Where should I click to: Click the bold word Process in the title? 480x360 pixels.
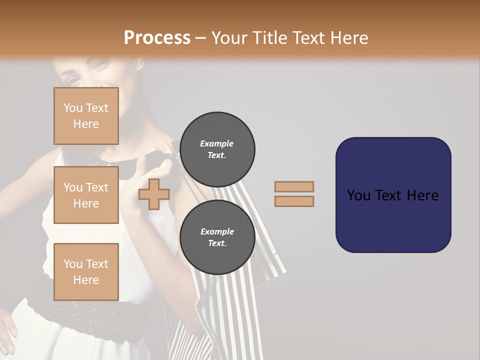click(x=157, y=38)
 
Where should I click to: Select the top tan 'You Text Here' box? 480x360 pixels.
click(x=86, y=116)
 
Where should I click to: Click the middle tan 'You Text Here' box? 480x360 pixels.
click(x=86, y=195)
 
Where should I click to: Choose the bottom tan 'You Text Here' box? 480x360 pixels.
click(x=86, y=271)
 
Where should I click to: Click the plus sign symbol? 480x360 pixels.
click(x=154, y=194)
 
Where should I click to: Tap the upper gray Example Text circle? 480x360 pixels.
click(x=217, y=149)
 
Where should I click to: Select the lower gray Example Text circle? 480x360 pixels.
click(x=217, y=237)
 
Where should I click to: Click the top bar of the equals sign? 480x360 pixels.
click(x=294, y=186)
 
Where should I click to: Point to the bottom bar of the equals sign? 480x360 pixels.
click(x=294, y=201)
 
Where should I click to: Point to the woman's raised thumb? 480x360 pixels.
click(x=142, y=162)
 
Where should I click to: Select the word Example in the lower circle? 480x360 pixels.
click(x=217, y=231)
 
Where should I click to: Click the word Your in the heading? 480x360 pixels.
click(x=228, y=38)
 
